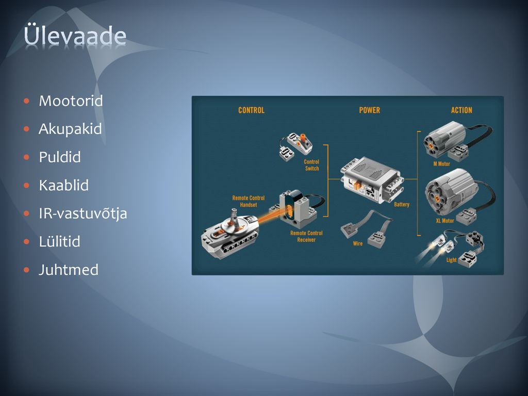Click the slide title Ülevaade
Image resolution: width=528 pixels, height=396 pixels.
(75, 35)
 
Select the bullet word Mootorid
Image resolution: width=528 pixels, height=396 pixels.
(71, 101)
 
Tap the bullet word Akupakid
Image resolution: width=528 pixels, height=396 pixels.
(70, 129)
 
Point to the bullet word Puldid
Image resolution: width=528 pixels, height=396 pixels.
(60, 157)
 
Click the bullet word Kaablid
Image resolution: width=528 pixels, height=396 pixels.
(63, 185)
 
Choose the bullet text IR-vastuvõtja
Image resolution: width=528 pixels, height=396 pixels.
(83, 214)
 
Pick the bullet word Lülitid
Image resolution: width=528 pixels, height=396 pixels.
(60, 241)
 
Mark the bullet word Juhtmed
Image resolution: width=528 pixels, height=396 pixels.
(69, 270)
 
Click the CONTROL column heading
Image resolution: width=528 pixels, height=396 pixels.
(251, 110)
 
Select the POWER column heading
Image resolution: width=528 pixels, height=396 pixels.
(369, 110)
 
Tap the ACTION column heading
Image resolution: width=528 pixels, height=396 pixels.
(461, 110)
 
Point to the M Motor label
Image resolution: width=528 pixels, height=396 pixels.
(441, 163)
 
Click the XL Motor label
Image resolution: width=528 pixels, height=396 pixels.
(445, 221)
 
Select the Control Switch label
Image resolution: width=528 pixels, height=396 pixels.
(311, 165)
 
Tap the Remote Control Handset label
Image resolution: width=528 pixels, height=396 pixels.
(249, 202)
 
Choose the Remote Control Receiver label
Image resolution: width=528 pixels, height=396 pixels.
(306, 236)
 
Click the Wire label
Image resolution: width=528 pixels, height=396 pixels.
(358, 243)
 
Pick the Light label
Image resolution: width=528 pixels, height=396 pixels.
(451, 260)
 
